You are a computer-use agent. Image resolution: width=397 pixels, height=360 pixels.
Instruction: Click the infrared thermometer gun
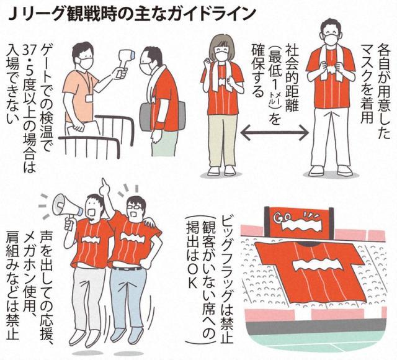point(125,62)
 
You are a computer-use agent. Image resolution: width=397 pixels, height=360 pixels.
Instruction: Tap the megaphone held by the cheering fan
point(67,207)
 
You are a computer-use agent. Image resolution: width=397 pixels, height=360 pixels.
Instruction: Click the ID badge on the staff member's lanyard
point(89,98)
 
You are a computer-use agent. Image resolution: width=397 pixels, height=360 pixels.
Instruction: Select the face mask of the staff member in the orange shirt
point(86,62)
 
